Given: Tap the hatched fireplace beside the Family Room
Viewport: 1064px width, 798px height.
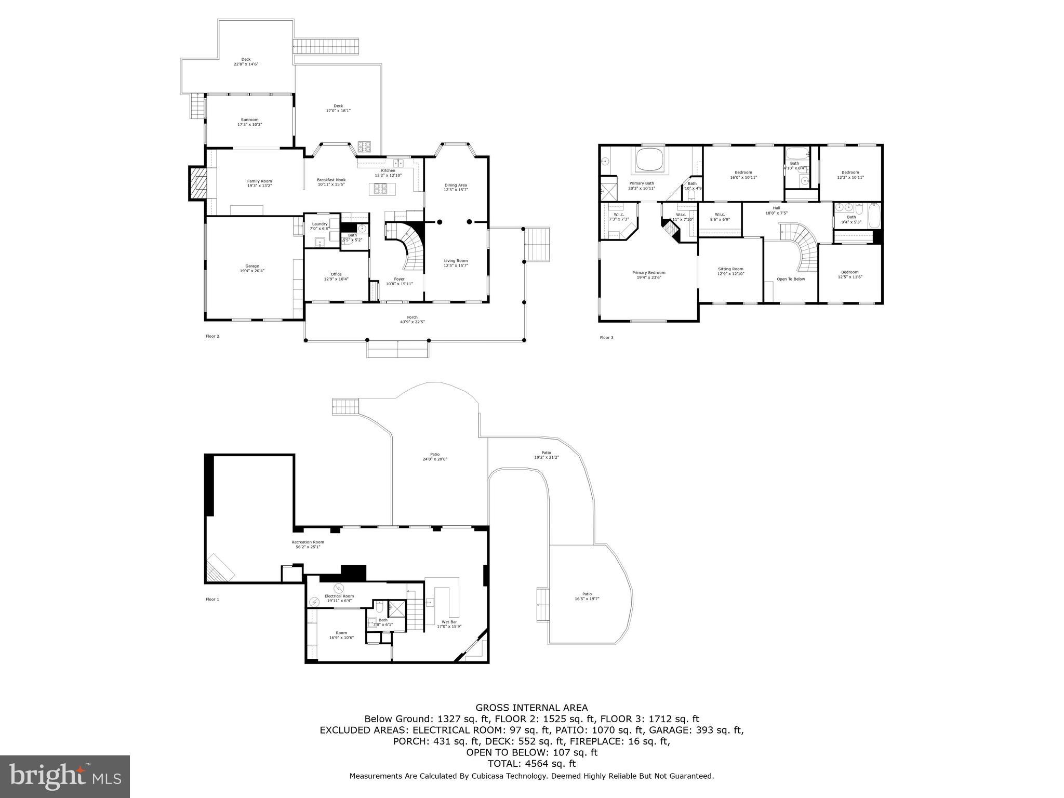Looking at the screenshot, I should click(197, 183).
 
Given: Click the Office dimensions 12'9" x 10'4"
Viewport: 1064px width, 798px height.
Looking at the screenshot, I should click(336, 279).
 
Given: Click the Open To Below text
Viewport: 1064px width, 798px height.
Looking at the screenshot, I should click(791, 279).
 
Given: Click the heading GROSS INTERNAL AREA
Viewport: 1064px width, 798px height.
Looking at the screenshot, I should click(531, 708).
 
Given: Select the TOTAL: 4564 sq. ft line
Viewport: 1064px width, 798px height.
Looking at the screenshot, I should click(531, 764).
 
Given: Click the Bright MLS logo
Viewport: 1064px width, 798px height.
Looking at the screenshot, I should click(65, 776).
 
